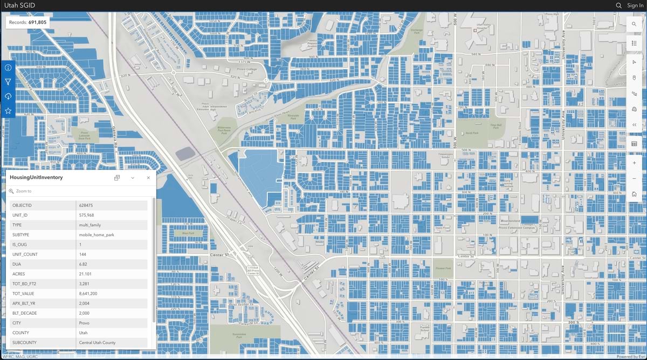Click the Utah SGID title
[20, 5]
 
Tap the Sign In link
[635, 5]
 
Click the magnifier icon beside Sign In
[619, 5]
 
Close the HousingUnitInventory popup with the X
[148, 178]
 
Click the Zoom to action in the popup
[24, 191]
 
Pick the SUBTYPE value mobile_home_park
[97, 235]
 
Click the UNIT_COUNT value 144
[83, 254]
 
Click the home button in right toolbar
[634, 194]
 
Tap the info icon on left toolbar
[8, 68]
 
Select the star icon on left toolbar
[8, 110]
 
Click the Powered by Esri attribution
[630, 357]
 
